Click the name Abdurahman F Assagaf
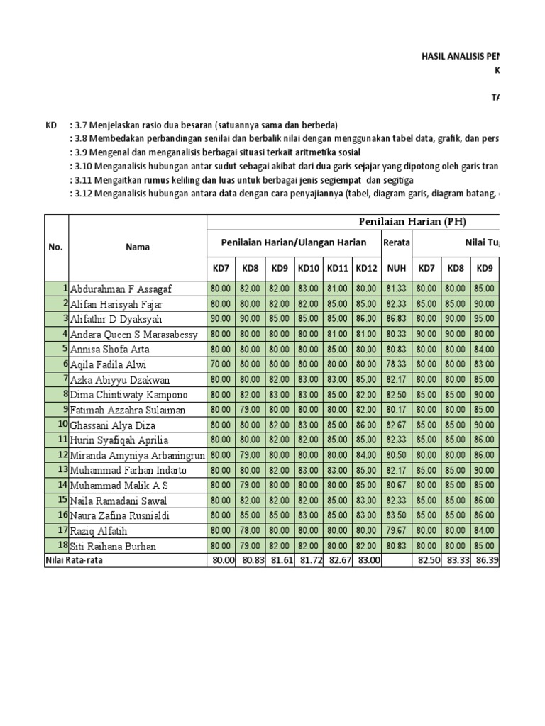[x=121, y=289]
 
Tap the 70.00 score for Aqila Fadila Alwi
[x=220, y=365]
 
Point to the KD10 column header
[x=308, y=269]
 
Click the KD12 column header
[x=367, y=269]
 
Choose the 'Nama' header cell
[x=137, y=247]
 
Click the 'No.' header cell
[x=56, y=247]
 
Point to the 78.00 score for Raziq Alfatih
[x=249, y=530]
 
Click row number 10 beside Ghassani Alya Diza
[x=62, y=425]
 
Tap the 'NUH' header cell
[x=396, y=269]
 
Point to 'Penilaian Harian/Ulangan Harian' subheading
[x=294, y=242]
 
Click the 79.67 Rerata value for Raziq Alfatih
[x=396, y=530]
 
